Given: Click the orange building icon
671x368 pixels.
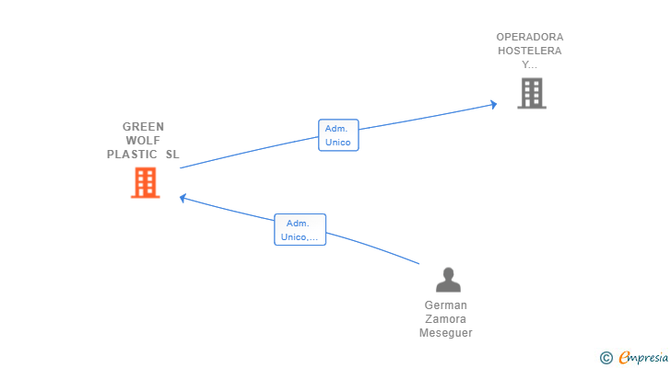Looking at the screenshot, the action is [146, 183].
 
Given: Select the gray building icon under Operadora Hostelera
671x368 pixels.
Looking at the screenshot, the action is [532, 93].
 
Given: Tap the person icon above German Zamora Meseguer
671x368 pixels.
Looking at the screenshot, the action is [448, 280].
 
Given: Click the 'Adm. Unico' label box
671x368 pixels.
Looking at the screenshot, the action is [338, 135].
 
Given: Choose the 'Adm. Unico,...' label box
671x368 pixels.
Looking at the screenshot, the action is [300, 230].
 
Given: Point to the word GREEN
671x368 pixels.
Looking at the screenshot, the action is [144, 127].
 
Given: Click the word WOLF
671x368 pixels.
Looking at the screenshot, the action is [143, 141].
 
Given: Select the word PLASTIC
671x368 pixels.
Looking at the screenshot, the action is [132, 155].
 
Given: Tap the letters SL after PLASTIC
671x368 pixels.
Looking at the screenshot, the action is [172, 155].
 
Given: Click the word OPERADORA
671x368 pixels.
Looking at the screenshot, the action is [530, 37].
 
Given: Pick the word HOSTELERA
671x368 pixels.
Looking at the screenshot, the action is [530, 51].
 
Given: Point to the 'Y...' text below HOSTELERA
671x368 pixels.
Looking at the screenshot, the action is [529, 64].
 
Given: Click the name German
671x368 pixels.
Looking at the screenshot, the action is [446, 305].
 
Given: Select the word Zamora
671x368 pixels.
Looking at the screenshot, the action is [446, 319].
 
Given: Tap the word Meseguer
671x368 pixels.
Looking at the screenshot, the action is [446, 332].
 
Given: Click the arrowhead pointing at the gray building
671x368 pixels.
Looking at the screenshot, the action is [493, 104].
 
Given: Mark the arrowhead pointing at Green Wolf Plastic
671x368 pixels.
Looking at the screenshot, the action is [182, 198].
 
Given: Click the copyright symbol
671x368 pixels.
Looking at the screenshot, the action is [606, 358].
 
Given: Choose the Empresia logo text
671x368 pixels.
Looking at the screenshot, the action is [643, 357].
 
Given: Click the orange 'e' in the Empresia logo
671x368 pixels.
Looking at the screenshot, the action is [625, 357].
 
